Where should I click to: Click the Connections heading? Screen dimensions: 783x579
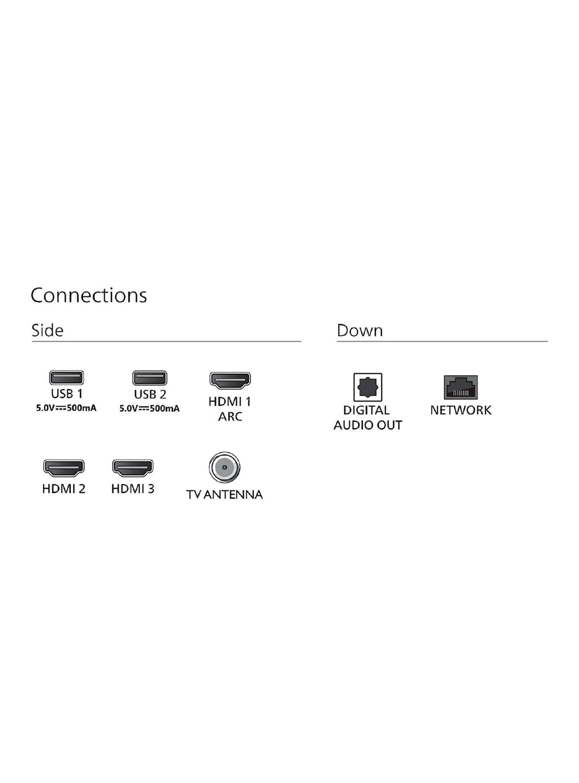[x=89, y=295]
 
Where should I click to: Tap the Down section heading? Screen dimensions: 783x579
[x=360, y=330]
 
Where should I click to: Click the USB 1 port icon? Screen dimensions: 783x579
[x=67, y=378]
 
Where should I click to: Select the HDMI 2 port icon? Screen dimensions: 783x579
[x=64, y=468]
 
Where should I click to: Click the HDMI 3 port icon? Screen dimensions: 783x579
[x=133, y=468]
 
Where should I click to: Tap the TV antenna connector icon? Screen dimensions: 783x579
[x=224, y=467]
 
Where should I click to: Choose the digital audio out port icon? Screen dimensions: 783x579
[x=368, y=387]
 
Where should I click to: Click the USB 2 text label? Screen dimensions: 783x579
[x=150, y=394]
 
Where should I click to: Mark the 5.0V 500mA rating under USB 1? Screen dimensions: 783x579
[x=66, y=408]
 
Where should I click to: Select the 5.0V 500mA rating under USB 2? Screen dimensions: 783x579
[x=150, y=408]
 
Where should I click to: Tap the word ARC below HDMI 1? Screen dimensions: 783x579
[x=230, y=417]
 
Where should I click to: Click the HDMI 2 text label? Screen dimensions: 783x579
[x=64, y=489]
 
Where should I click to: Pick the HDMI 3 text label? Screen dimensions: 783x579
[x=133, y=489]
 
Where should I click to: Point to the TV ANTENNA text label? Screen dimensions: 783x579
[x=224, y=495]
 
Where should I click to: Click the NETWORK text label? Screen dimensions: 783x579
[x=461, y=410]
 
